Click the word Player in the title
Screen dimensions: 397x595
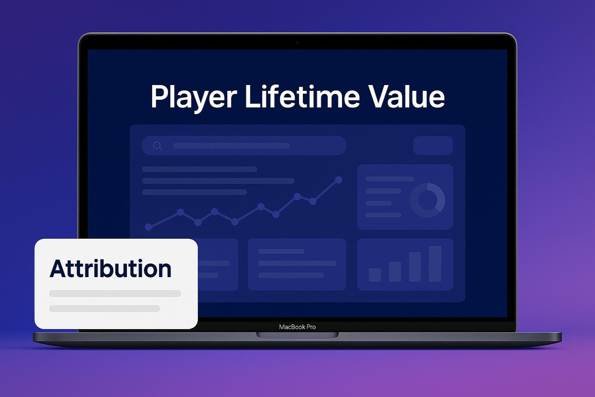coord(193,97)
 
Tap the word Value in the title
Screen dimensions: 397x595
coord(406,96)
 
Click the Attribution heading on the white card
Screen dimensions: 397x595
coord(110,269)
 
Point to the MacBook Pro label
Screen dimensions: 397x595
coord(297,327)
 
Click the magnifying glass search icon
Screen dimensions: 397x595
coord(157,146)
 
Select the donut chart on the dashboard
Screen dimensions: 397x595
coord(427,200)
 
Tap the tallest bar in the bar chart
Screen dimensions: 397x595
coord(435,264)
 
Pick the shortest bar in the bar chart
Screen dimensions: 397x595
coord(374,275)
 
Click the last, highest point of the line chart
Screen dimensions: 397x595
coord(338,180)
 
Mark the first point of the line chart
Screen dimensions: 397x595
coord(148,227)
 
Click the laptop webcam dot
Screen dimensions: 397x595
coord(297,42)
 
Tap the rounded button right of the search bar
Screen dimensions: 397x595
coord(433,146)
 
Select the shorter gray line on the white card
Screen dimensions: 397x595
coord(104,309)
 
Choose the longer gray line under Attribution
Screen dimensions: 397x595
coord(115,293)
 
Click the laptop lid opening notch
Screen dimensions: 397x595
coord(297,335)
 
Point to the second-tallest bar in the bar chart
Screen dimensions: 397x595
coord(415,267)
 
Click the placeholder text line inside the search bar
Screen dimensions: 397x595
coord(231,146)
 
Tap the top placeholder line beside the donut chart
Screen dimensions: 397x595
coord(390,179)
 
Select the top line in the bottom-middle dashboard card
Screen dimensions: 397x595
coord(281,251)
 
